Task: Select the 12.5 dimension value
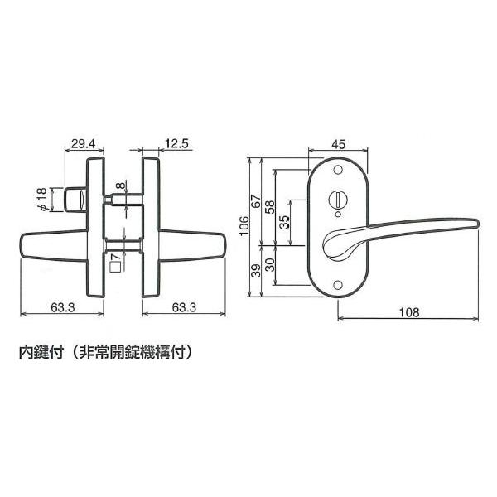[177, 143]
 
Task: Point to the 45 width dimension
[338, 144]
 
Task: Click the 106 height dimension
[244, 225]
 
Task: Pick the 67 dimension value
[255, 201]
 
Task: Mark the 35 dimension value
[285, 222]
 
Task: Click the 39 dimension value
[255, 270]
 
